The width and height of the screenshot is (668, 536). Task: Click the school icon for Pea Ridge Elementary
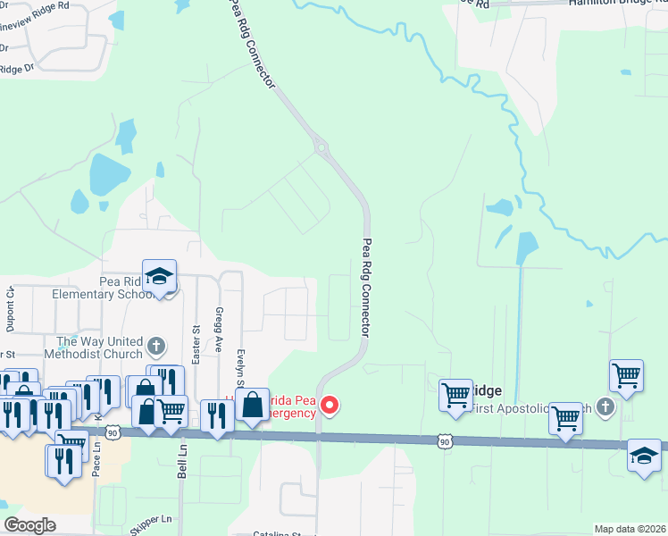[x=160, y=276]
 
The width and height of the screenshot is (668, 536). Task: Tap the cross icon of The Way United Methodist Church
[x=156, y=346]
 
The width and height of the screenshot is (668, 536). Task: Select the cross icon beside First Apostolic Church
[x=605, y=407]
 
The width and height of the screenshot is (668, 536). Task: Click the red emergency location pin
[x=330, y=406]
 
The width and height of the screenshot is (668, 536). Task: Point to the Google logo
[x=29, y=525]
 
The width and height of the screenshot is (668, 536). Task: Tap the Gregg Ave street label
[x=218, y=329]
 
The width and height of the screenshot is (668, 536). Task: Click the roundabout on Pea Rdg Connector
[x=319, y=147]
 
